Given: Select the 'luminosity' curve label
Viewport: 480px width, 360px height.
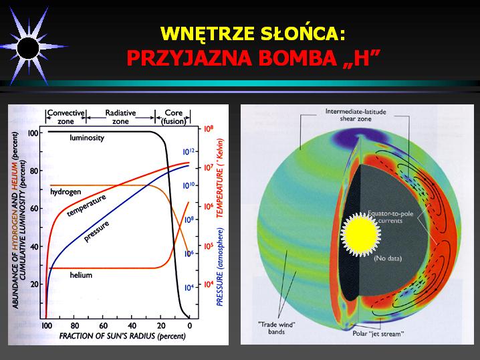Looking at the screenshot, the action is pos(87,138).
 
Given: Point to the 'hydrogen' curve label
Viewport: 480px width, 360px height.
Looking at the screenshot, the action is pos(66,192).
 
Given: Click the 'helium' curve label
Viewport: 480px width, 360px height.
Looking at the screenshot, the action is pos(81,275).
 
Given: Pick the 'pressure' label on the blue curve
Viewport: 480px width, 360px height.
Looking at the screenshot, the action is pos(96,232).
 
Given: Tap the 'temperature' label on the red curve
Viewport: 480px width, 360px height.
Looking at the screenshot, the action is pos(87,205).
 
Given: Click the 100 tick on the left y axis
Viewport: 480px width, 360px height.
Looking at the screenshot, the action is pos(33,133).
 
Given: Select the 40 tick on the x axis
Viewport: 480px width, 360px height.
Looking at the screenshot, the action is pos(132,325).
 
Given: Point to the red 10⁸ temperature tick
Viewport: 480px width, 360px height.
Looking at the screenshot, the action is pos(209,129).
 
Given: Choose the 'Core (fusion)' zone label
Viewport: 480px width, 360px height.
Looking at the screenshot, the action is pos(173,117).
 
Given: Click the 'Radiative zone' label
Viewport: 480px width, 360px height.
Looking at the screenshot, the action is pos(120,117).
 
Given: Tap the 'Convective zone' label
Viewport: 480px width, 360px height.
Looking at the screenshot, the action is pos(66,117).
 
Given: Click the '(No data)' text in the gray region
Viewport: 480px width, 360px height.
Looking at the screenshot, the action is pos(388,258).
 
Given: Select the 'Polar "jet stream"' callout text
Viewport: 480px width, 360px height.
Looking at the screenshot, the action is pos(378,334).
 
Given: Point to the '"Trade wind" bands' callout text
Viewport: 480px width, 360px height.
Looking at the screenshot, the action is pos(276,328).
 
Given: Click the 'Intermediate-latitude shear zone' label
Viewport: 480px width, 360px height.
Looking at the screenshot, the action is pos(356,115).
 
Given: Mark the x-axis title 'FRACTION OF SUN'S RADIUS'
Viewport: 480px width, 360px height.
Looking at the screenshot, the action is pos(107,336).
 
